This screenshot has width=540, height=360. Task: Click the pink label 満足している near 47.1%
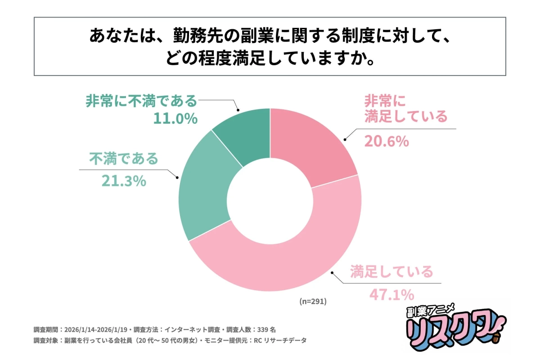click(391, 272)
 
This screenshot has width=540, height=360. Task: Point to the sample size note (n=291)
click(313, 301)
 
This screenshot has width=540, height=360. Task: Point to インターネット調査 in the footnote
click(187, 329)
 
